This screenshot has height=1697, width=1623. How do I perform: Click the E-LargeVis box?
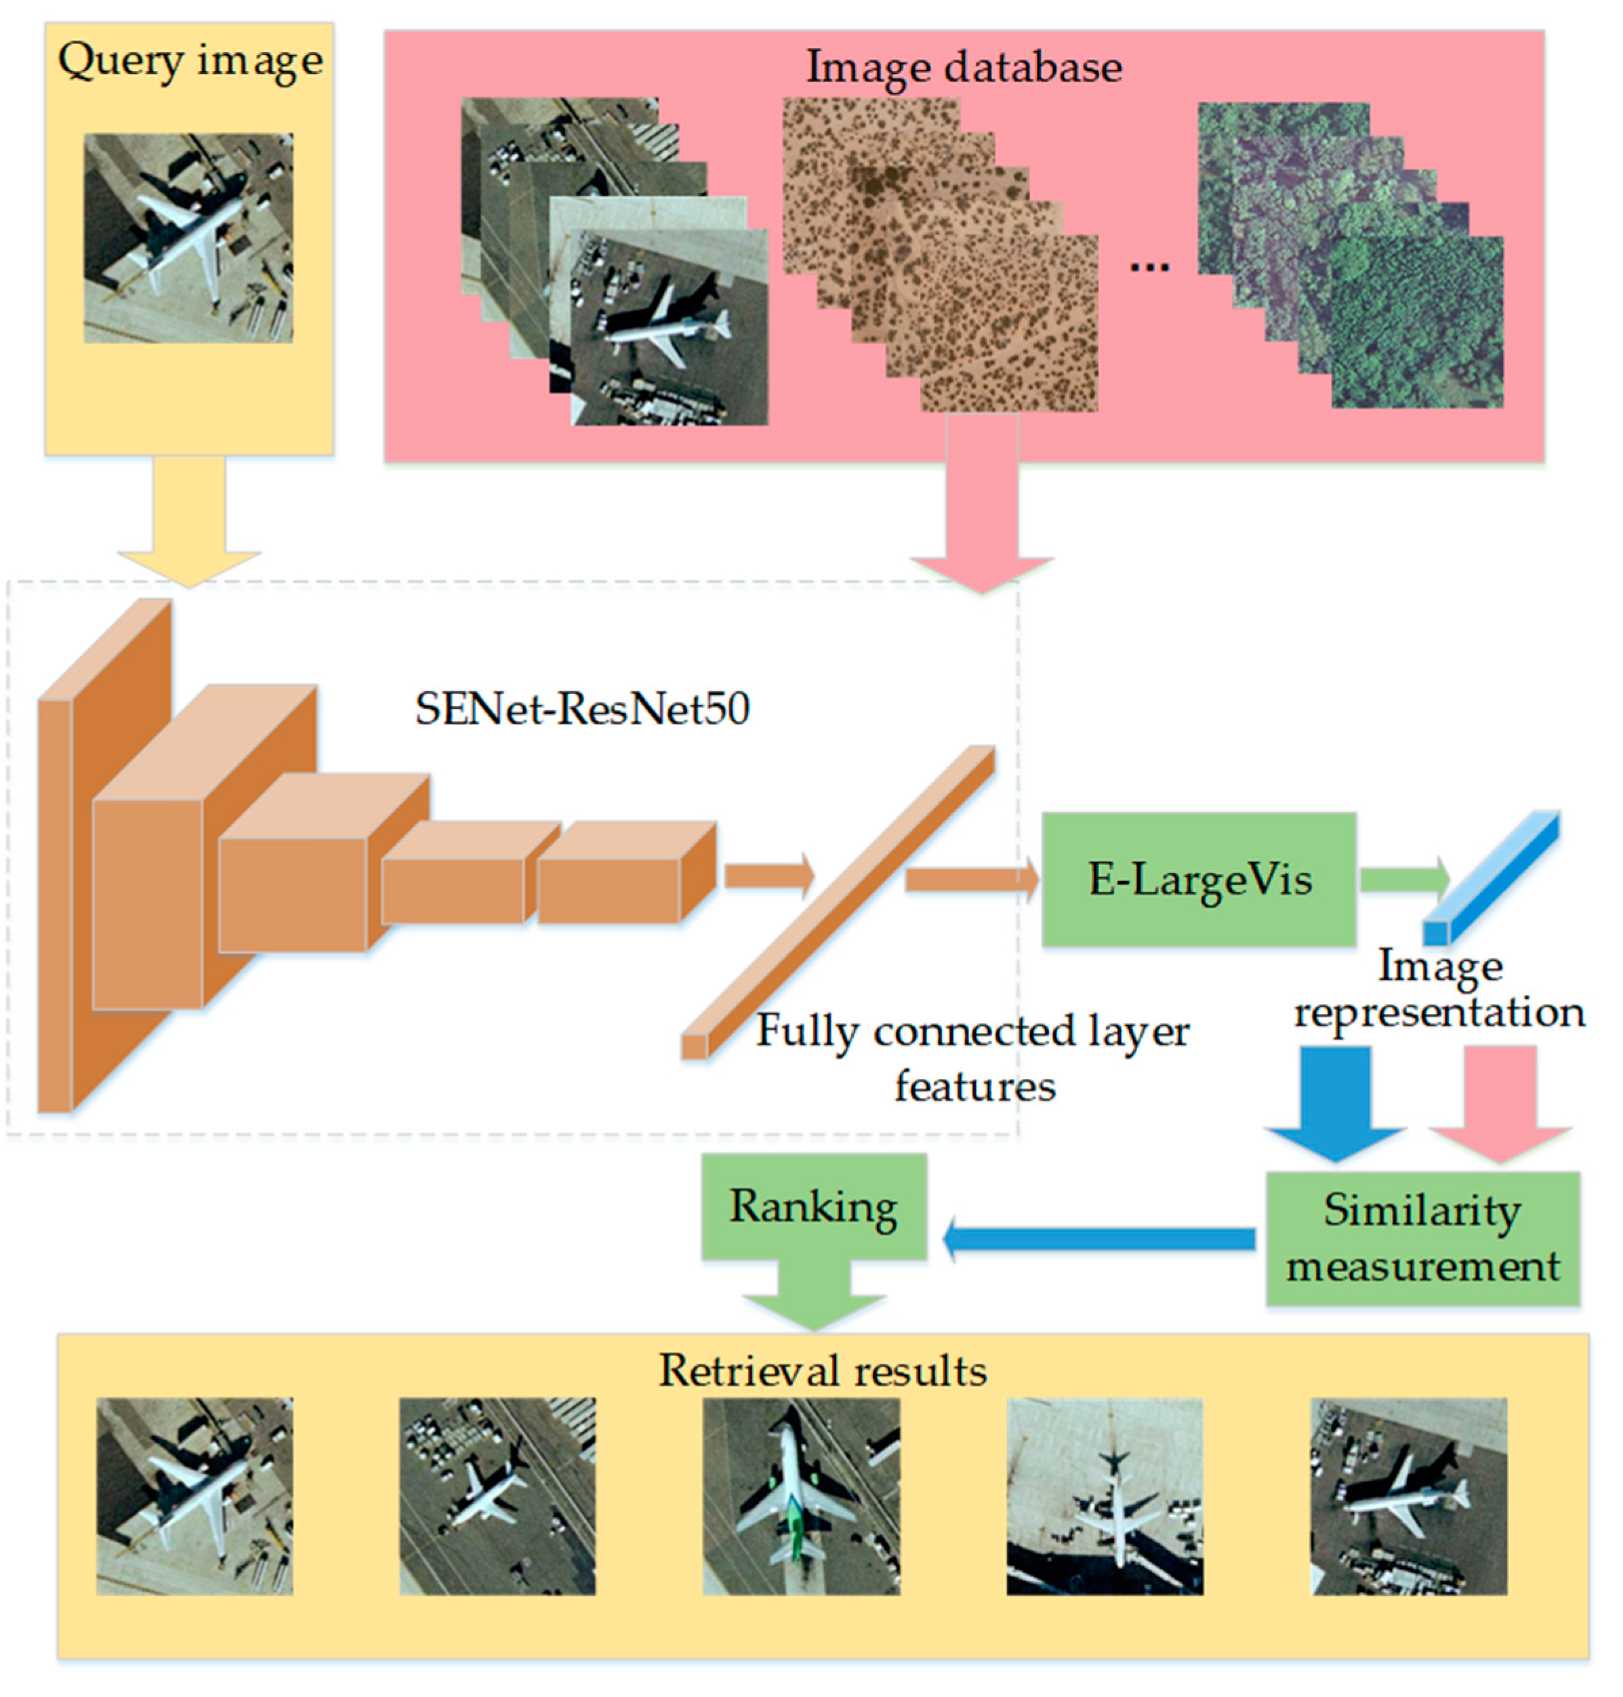[1198, 878]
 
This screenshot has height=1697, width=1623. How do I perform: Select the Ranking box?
[813, 1206]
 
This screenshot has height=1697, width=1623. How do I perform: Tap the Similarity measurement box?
[1423, 1238]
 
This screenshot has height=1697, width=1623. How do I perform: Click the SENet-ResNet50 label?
[582, 709]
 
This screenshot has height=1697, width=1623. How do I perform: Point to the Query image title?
[190, 60]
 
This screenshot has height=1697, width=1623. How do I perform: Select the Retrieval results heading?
[823, 1370]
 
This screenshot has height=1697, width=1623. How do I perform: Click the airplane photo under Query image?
[188, 238]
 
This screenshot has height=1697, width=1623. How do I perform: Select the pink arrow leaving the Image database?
[982, 510]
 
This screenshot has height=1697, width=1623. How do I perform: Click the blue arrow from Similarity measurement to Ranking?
[1098, 1238]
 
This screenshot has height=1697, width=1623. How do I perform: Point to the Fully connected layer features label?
[973, 1057]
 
